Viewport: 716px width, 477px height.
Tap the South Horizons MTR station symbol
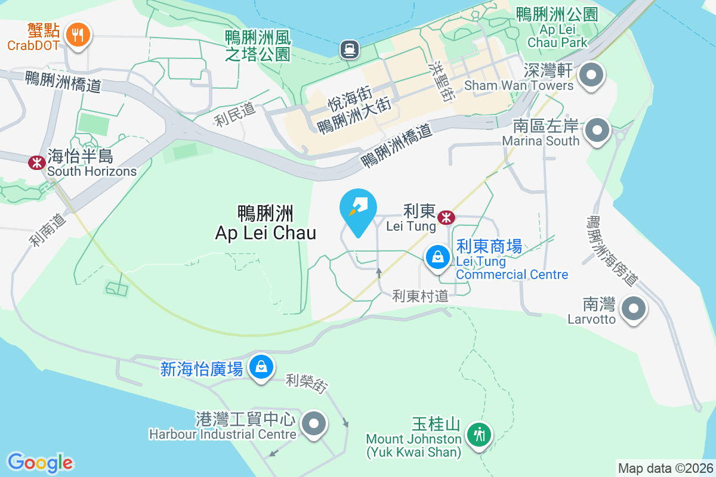tap(37, 162)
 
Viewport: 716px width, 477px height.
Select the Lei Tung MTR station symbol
tap(445, 218)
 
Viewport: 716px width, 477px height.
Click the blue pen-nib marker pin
tap(358, 209)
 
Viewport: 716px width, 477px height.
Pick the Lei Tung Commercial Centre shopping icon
tap(438, 257)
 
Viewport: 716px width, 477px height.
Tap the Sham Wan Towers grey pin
tap(592, 76)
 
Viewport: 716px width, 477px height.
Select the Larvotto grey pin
tap(634, 309)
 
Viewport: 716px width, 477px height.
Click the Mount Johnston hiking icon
tap(479, 433)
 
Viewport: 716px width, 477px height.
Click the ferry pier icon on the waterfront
tap(348, 49)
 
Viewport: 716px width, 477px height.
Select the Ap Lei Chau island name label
tap(266, 222)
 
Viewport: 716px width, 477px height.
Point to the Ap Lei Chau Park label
tap(557, 28)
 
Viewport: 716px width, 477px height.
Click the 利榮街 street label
tap(306, 383)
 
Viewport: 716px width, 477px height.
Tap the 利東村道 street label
tap(420, 295)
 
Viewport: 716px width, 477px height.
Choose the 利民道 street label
tap(235, 114)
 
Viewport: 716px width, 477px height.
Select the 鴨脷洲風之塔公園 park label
tap(258, 46)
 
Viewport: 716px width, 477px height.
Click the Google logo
tap(40, 463)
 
